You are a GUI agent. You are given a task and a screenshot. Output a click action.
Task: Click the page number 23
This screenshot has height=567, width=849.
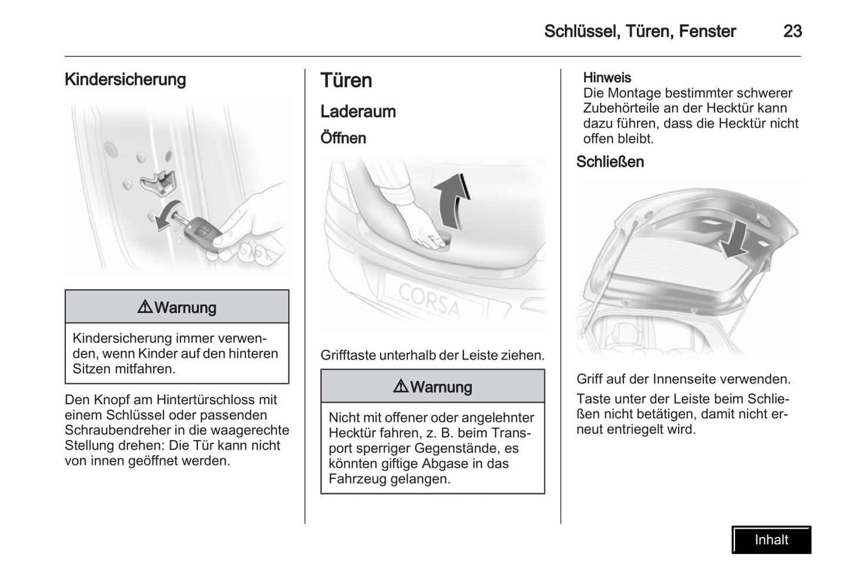tap(792, 31)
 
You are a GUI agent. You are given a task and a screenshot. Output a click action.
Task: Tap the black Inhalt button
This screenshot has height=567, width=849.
tap(771, 539)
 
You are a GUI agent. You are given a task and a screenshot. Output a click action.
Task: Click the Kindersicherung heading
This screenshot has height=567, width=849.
tap(125, 79)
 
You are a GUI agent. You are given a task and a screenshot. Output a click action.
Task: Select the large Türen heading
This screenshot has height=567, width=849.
tap(346, 80)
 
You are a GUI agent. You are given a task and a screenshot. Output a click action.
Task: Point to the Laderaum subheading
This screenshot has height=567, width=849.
tap(358, 112)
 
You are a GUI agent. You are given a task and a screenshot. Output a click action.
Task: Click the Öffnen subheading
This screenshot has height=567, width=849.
tap(343, 138)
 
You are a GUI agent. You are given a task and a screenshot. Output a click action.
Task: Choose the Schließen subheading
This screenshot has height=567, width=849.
tap(610, 162)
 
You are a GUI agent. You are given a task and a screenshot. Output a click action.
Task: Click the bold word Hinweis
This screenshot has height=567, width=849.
tap(607, 78)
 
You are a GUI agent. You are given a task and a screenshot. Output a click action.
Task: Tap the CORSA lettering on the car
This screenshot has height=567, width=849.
tap(429, 299)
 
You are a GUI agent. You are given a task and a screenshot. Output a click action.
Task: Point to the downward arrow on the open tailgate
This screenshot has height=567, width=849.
tap(735, 240)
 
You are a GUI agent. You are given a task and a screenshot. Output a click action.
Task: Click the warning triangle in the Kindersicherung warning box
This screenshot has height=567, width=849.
tap(145, 307)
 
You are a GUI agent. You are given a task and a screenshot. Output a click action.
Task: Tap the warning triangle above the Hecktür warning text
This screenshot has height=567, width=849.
tap(401, 386)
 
